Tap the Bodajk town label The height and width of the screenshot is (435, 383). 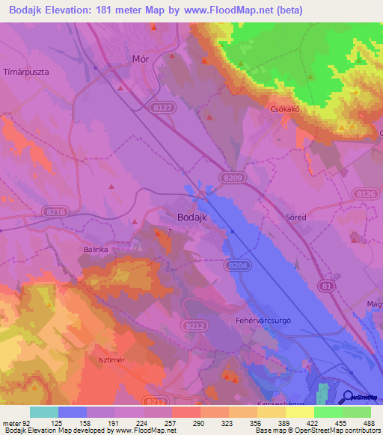click(191, 217)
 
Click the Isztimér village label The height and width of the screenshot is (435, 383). click(110, 360)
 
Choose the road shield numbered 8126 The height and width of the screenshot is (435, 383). click(366, 194)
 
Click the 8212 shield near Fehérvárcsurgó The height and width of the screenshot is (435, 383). click(194, 326)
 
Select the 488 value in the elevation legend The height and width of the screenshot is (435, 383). click(368, 422)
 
